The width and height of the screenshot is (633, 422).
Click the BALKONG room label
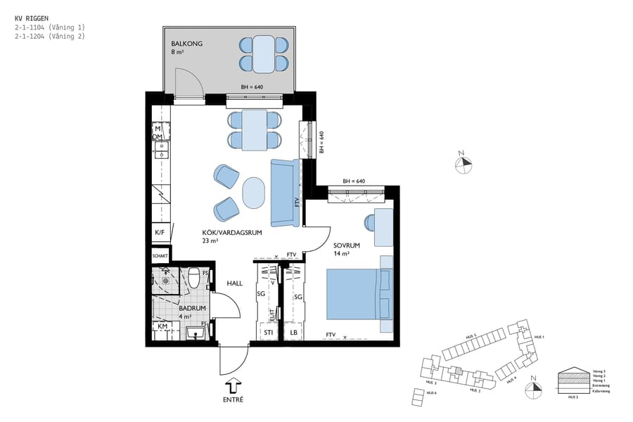click(186, 44)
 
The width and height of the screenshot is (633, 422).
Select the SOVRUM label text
click(347, 245)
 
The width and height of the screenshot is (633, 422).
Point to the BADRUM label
click(192, 308)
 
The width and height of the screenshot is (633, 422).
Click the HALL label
click(234, 283)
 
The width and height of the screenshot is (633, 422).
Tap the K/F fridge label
click(160, 231)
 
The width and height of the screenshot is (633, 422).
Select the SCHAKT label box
click(160, 256)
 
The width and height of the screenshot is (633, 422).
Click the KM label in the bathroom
click(161, 327)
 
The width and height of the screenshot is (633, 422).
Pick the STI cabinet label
click(268, 332)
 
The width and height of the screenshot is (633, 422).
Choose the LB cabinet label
click(293, 332)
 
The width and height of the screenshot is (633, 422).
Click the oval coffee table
click(254, 191)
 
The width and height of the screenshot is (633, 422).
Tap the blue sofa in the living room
click(285, 193)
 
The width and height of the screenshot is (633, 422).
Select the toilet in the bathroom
click(195, 281)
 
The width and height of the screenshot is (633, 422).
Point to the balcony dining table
click(263, 54)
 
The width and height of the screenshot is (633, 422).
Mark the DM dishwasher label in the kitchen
click(158, 136)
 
